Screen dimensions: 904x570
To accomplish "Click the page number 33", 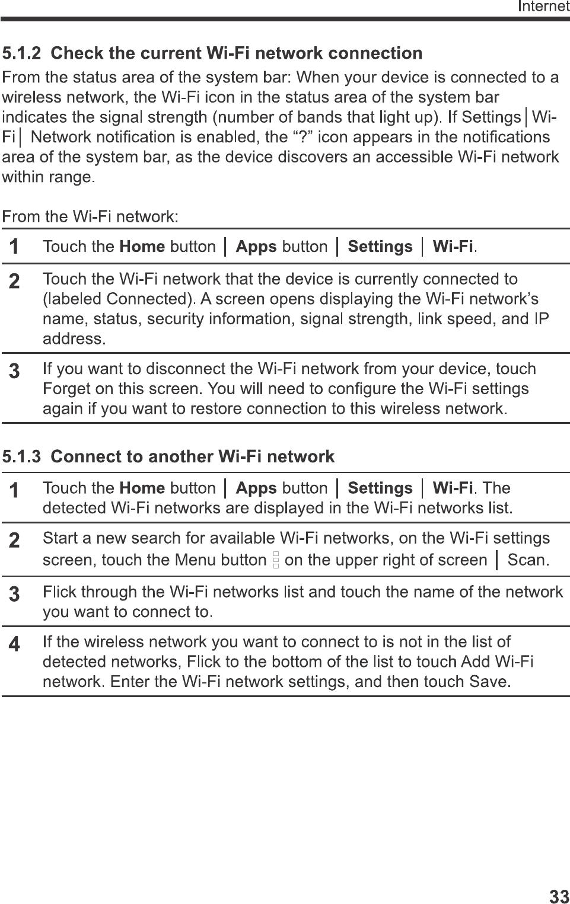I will click(x=559, y=896).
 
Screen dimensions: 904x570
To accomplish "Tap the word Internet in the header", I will click(x=543, y=7).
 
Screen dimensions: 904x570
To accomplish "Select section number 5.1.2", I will click(x=23, y=53).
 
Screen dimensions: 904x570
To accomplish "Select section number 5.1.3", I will click(x=23, y=457).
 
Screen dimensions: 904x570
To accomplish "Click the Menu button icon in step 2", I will click(x=276, y=560).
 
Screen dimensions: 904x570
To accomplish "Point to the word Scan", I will click(x=527, y=560).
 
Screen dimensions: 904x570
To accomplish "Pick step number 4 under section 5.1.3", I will click(x=14, y=644).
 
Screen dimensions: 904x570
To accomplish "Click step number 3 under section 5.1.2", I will click(x=14, y=372).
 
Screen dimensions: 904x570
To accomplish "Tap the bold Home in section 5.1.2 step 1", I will click(x=142, y=247).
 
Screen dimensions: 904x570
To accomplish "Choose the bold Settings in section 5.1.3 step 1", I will click(x=380, y=488).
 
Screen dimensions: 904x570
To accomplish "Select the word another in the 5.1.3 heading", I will click(x=181, y=457).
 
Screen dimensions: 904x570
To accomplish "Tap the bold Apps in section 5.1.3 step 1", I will click(x=256, y=488).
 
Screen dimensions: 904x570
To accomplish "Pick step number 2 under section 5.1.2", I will click(x=14, y=281).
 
